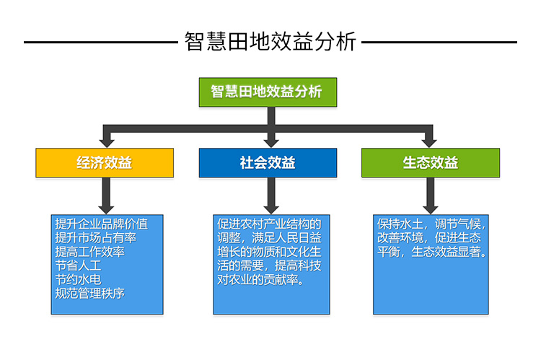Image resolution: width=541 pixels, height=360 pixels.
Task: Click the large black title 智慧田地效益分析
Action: [x=270, y=41]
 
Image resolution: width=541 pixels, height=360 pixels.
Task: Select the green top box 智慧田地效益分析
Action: [x=268, y=92]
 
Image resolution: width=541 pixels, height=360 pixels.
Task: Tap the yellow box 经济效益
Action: [x=105, y=163]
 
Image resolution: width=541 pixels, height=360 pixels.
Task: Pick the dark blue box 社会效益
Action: [x=268, y=163]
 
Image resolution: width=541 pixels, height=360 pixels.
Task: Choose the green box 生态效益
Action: [x=431, y=163]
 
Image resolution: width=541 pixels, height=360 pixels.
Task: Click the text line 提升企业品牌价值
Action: [x=102, y=224]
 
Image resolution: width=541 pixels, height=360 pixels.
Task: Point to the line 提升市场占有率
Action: [x=95, y=238]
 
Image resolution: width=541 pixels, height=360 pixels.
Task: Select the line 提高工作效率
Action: [x=89, y=252]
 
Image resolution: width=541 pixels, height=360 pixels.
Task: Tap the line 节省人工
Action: [x=79, y=265]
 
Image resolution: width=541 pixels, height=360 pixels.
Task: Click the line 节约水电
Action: [x=79, y=279]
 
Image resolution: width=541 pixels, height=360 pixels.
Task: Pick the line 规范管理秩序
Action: [x=89, y=293]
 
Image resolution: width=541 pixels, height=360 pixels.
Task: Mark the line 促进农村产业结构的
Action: [x=269, y=224]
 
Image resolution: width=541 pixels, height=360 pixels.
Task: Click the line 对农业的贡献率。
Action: [x=261, y=279]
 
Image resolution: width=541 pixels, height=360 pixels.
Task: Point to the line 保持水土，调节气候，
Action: [x=431, y=224]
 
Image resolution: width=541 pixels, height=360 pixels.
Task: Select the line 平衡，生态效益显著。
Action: [x=431, y=252]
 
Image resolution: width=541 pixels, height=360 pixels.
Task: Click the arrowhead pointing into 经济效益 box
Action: [x=107, y=143]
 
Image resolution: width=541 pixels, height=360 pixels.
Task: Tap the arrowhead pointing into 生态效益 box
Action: [x=429, y=143]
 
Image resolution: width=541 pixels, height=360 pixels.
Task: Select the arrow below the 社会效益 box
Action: [x=271, y=196]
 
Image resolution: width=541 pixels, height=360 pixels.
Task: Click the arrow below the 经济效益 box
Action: [x=106, y=196]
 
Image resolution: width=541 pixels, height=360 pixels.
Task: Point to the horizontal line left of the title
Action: [x=101, y=42]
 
